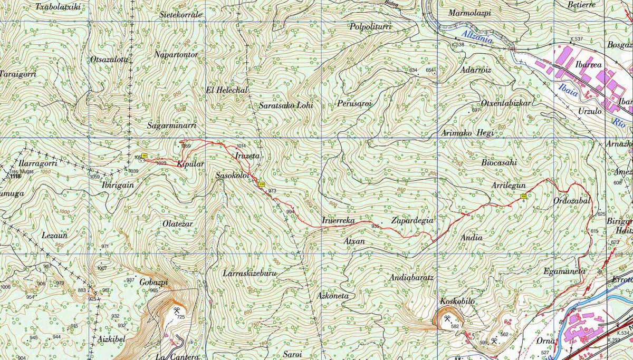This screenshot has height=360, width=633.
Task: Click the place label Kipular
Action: [x=190, y=164]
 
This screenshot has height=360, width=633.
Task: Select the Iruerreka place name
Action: [x=338, y=220]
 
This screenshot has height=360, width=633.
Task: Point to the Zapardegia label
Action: [x=412, y=220]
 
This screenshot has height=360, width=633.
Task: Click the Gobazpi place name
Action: [x=154, y=282]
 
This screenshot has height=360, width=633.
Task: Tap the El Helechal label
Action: [x=227, y=90]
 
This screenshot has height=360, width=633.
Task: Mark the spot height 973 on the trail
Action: [x=272, y=191]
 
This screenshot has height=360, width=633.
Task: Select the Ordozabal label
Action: [x=572, y=201]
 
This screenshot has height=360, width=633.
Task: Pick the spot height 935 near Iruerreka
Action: [x=375, y=226]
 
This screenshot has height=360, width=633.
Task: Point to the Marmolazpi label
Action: [x=469, y=12]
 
